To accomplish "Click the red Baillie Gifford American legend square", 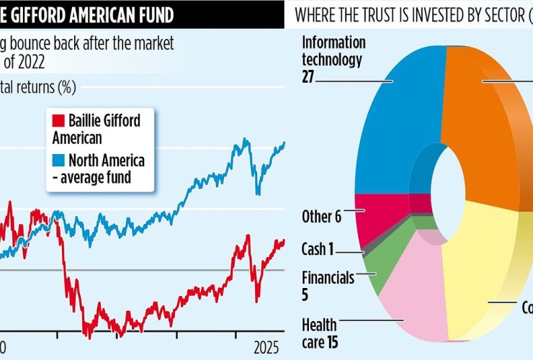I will click(x=58, y=118).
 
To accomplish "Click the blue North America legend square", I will click(x=58, y=159).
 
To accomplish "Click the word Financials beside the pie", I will click(x=328, y=277).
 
